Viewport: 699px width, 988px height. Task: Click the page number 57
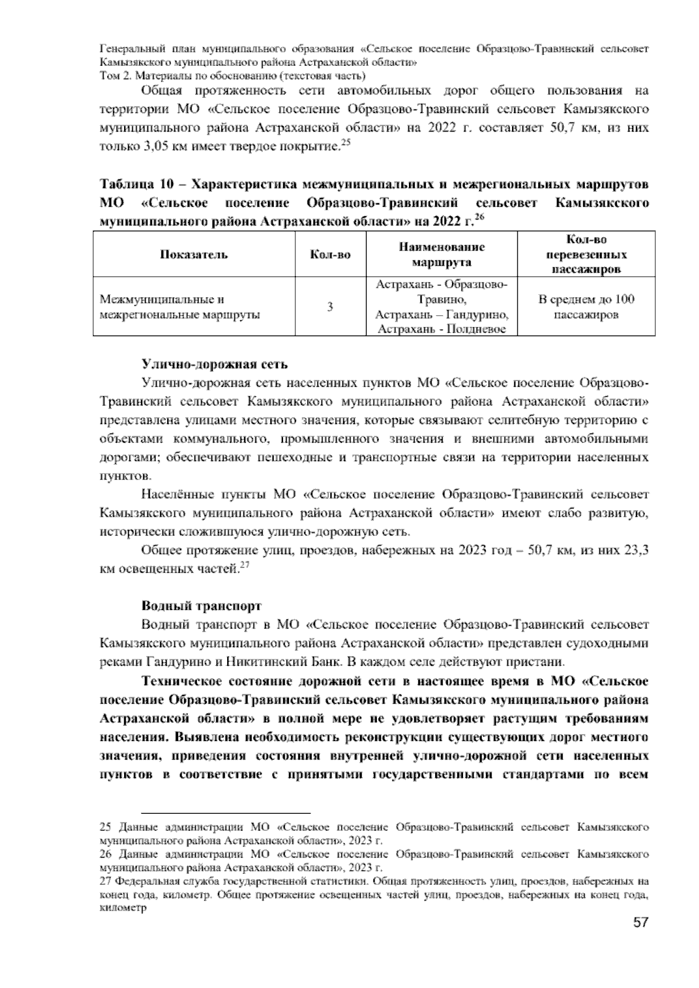640,923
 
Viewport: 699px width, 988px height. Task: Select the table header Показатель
194,255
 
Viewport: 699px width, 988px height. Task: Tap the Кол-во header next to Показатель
330,255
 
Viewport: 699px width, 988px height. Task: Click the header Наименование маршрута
442,255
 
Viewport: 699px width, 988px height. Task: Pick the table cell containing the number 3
330,306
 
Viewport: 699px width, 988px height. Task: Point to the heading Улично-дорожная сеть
215,365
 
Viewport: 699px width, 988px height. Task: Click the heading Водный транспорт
202,606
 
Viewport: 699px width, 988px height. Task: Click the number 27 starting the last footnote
106,881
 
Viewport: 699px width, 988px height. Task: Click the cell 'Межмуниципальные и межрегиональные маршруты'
179,307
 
